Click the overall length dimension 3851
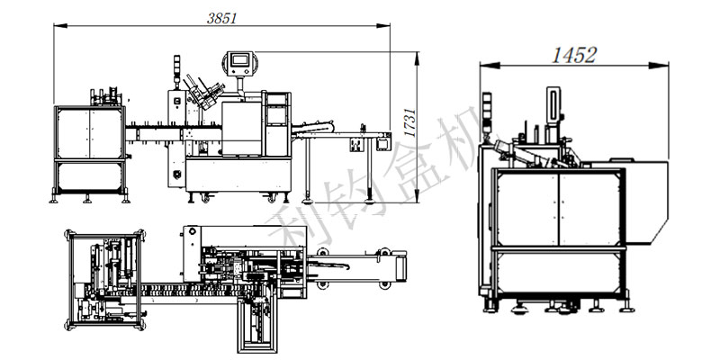point(221,18)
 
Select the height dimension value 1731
point(410,122)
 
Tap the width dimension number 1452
point(574,55)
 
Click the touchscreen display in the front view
point(240,59)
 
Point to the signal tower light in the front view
point(176,69)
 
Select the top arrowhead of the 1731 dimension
point(417,58)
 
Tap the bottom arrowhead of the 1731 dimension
point(417,196)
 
